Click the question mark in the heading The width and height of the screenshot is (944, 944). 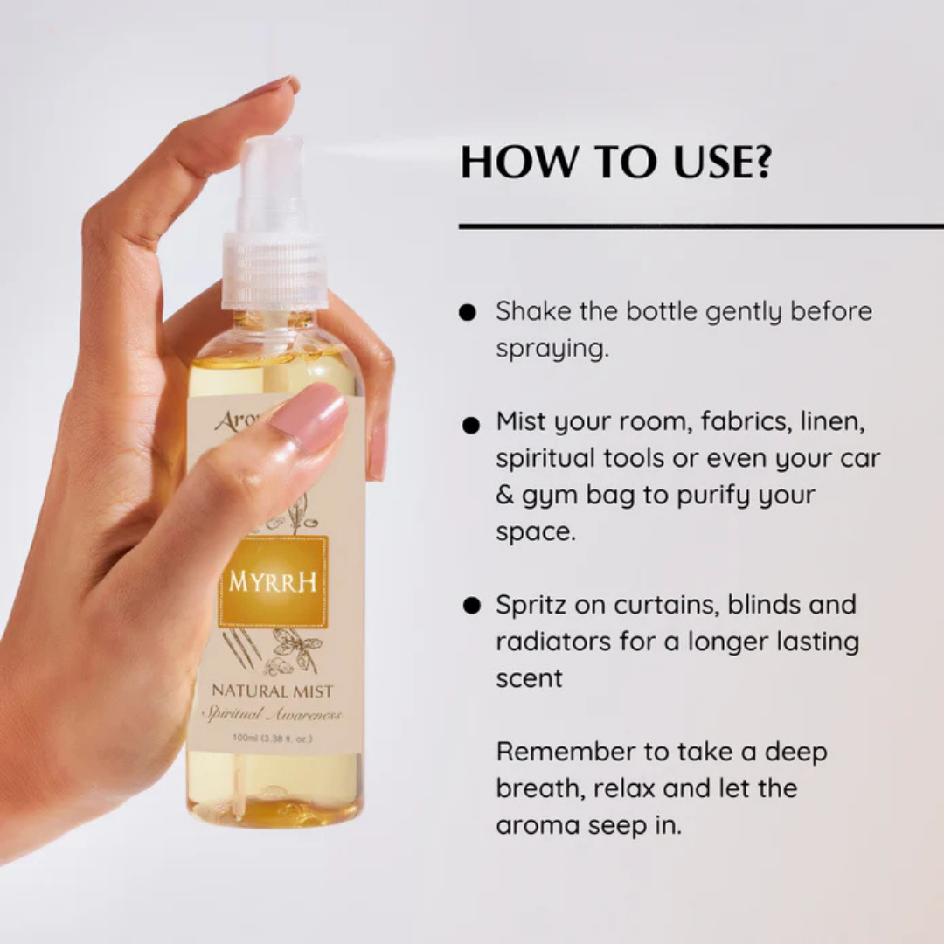(x=761, y=163)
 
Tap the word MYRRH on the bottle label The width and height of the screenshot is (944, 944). (x=273, y=582)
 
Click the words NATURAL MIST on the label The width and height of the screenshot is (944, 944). (x=272, y=691)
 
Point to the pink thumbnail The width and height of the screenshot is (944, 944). (x=309, y=417)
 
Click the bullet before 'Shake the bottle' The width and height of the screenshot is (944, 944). (x=469, y=312)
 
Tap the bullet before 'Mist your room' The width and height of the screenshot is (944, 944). (x=471, y=425)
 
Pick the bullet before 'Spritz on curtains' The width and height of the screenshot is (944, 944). (x=472, y=606)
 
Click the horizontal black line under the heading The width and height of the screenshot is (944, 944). (x=700, y=226)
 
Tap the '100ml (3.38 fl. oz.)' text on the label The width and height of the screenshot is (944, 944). (x=272, y=739)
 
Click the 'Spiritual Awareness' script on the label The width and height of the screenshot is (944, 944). (x=272, y=715)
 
